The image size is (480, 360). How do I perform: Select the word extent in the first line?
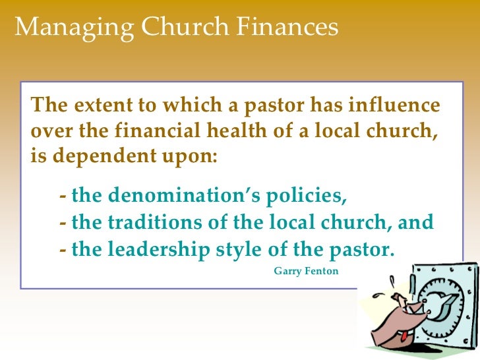[x=96, y=106]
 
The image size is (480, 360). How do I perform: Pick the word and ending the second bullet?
[x=415, y=222]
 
